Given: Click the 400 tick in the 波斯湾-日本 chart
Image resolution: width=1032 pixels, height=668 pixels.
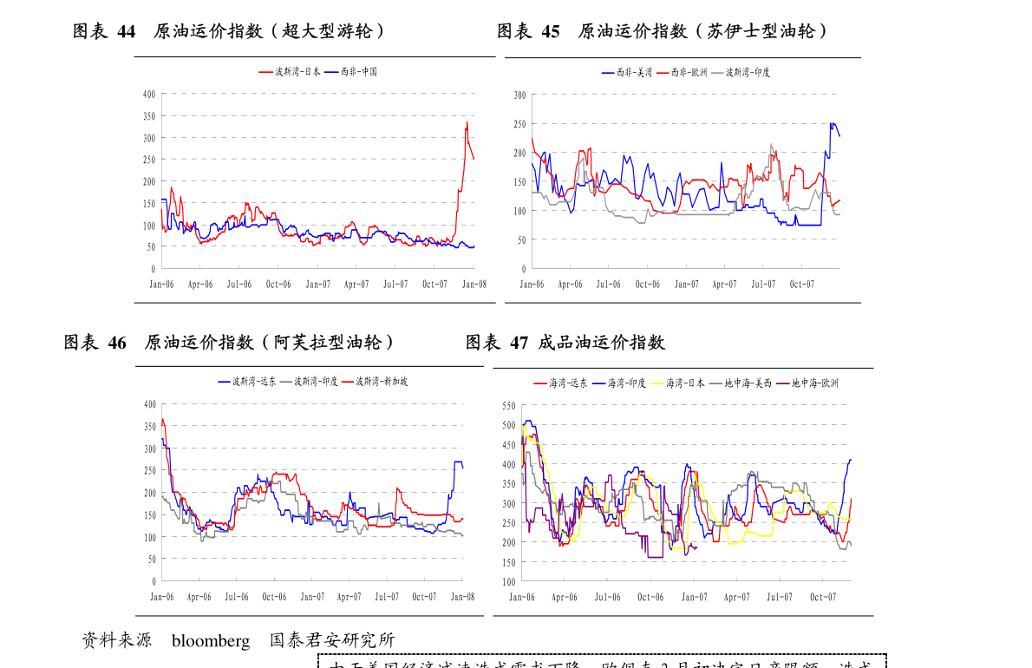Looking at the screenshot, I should pos(148,94).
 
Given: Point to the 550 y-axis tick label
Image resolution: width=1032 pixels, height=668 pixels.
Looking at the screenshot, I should pos(509,405).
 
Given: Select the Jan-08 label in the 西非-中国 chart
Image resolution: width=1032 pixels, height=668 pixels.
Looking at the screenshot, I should pos(474,284).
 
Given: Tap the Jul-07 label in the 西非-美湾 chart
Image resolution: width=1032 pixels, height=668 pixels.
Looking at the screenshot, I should pos(763,284).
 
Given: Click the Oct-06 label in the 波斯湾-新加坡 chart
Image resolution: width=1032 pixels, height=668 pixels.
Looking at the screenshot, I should pos(274,597).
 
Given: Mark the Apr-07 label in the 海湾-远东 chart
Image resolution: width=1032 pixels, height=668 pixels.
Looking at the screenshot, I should pos(736,597).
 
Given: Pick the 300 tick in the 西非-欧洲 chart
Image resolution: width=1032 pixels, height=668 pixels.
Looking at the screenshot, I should pos(519,95).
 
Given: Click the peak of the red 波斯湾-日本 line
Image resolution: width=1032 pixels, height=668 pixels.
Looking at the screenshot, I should pos(467,122).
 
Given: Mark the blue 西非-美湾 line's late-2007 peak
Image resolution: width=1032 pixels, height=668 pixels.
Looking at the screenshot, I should pos(832,123).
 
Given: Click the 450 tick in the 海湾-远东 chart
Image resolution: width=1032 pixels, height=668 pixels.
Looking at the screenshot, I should pos(509,444).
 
